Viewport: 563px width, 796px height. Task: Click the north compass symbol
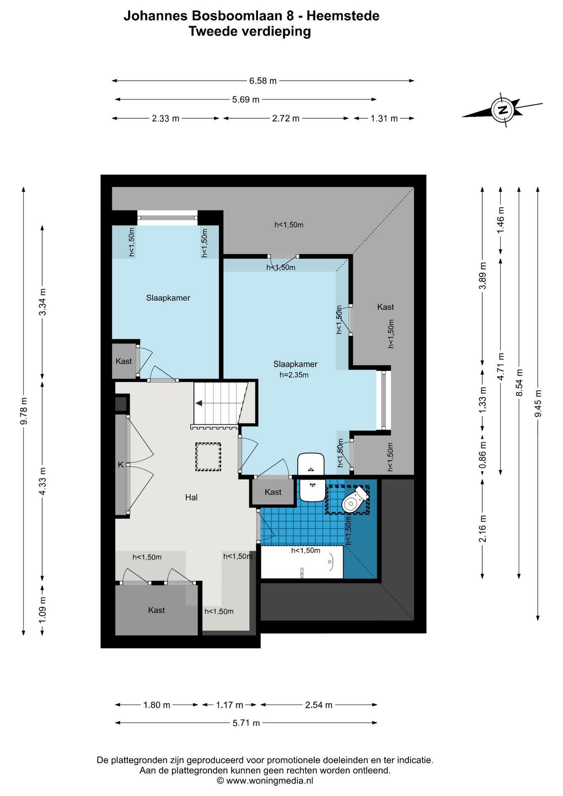tap(502, 110)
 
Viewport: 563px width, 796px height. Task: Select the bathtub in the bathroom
tap(302, 562)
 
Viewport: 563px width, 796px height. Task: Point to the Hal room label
tap(191, 498)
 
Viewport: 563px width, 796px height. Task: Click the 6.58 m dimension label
tap(263, 81)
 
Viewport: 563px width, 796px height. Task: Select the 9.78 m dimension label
tap(24, 411)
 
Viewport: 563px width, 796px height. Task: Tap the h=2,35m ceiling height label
tap(294, 375)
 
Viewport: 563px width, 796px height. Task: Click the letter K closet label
tap(121, 465)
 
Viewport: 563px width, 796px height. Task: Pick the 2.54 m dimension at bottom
tap(319, 705)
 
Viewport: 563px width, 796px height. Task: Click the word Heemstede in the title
tap(343, 16)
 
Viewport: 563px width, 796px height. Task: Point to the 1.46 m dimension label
tap(500, 220)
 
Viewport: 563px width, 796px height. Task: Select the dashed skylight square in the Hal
tap(208, 457)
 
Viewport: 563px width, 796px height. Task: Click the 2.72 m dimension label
tap(286, 119)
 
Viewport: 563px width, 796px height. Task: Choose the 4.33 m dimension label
tap(42, 481)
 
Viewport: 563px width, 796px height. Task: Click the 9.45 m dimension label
tap(538, 404)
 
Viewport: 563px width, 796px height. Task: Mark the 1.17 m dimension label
tap(229, 705)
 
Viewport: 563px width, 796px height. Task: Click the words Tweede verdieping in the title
tap(250, 32)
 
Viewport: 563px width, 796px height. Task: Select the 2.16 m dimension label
tap(483, 529)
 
